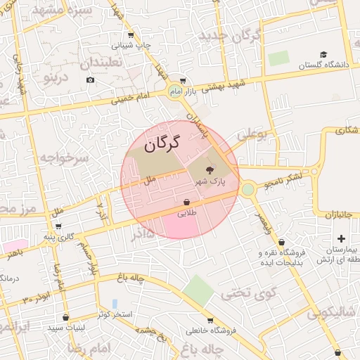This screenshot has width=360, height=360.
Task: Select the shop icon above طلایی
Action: point(186,201)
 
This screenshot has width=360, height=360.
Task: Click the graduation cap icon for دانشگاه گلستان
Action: point(323,54)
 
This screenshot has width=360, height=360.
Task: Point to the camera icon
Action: point(90,79)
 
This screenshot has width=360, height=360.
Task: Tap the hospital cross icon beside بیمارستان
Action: point(341,239)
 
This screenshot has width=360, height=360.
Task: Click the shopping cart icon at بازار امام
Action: point(183,81)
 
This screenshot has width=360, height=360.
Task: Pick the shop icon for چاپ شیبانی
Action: point(131,35)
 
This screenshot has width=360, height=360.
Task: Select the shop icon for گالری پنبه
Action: point(58,226)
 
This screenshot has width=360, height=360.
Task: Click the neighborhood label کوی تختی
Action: point(249,292)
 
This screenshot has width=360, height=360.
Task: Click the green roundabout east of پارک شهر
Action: point(247,188)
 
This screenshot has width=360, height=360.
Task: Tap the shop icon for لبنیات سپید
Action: point(65,316)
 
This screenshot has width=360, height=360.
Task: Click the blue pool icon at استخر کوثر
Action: point(115,304)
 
